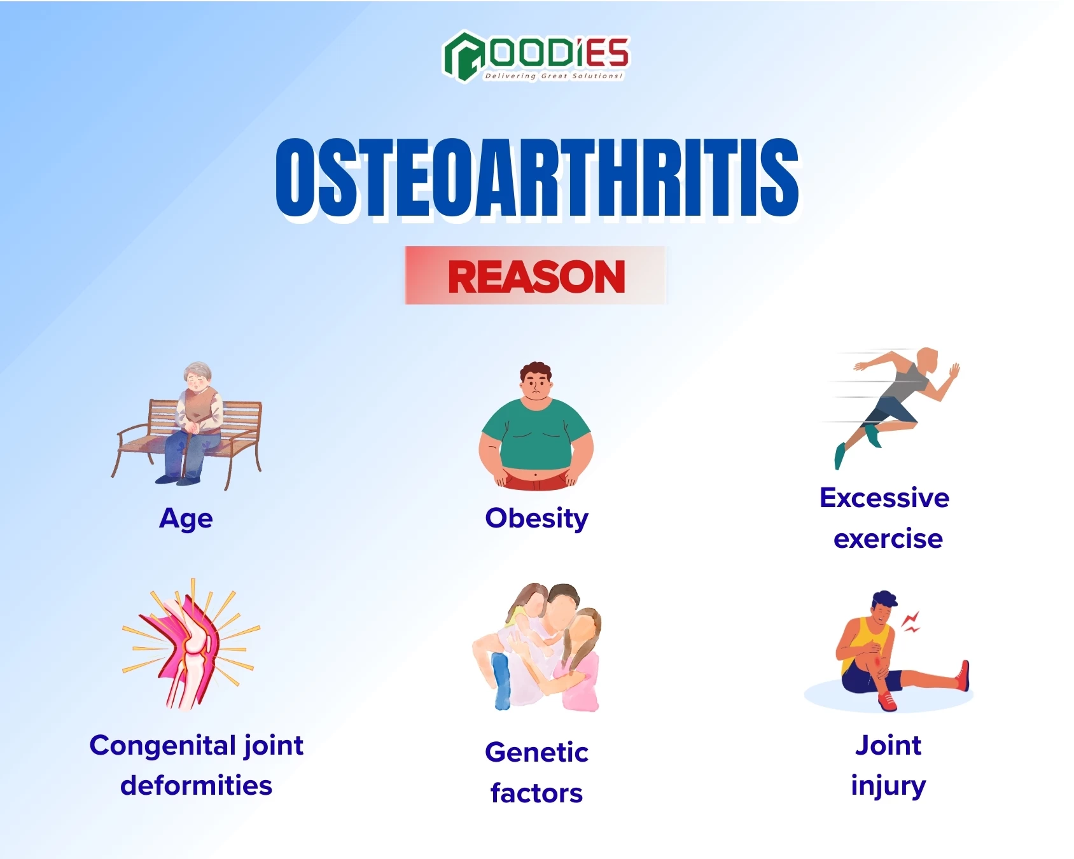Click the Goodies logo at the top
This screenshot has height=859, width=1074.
point(536,56)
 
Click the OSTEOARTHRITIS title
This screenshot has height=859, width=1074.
point(537,178)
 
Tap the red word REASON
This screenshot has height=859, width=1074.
point(536,277)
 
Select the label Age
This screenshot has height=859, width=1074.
point(186,519)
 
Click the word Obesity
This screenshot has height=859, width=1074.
point(536,519)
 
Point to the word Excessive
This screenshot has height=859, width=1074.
point(884,498)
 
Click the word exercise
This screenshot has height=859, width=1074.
point(888,539)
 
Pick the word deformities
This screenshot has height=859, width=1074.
point(196,786)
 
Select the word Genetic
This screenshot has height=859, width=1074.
point(536,752)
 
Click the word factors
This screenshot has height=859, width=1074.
point(536,793)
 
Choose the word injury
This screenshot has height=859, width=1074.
point(888,786)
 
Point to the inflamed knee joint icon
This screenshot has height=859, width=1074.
point(191,646)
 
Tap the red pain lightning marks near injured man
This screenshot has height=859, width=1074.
point(911,622)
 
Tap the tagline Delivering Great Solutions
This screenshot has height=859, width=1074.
point(554,76)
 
